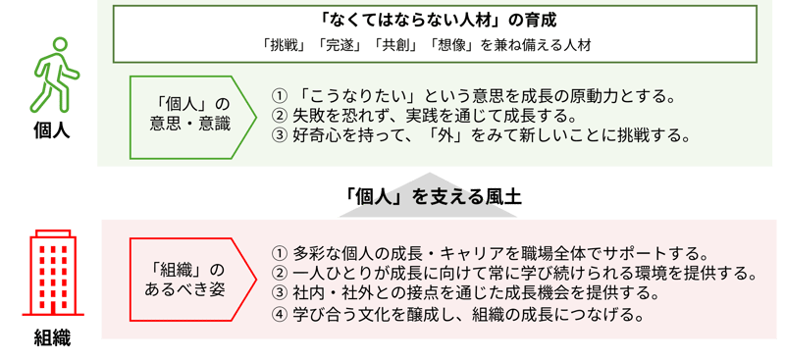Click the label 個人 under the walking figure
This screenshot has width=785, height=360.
[51, 130]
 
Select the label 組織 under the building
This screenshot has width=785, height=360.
[52, 338]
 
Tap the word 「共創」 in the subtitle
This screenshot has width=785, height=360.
[392, 45]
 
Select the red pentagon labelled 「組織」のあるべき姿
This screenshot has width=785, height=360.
[187, 281]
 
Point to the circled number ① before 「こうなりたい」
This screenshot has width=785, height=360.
[280, 95]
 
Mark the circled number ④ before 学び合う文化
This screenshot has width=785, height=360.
[280, 314]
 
